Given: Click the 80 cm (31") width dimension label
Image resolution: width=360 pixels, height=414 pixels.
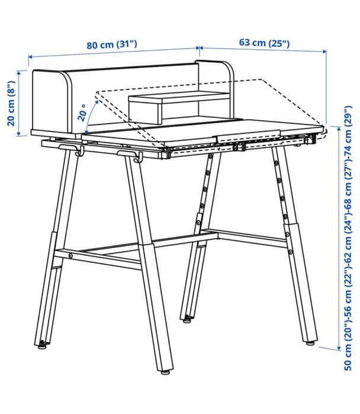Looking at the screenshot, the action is click(112, 44).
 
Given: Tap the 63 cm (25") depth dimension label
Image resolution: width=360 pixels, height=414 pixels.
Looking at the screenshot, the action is click(264, 42).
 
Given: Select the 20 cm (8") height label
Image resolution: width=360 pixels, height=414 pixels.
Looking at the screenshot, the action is click(11, 104).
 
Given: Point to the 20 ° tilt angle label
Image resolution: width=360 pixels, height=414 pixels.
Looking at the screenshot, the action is click(82, 113).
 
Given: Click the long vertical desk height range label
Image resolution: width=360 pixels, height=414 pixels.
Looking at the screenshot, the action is click(348, 238).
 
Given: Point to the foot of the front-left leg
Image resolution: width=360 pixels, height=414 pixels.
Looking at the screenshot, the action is click(43, 345).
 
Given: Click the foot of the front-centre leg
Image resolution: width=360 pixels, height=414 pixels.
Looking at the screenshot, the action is click(165, 372).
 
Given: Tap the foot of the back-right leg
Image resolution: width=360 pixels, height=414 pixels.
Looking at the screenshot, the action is click(310, 344).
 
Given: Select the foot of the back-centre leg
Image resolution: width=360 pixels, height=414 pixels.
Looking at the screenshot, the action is click(187, 319).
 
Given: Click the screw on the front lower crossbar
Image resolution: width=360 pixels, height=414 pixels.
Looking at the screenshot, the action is click(70, 256).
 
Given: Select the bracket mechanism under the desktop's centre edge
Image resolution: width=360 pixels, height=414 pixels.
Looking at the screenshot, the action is click(240, 146).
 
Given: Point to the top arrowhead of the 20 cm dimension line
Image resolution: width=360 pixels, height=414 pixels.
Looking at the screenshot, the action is click(19, 73).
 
